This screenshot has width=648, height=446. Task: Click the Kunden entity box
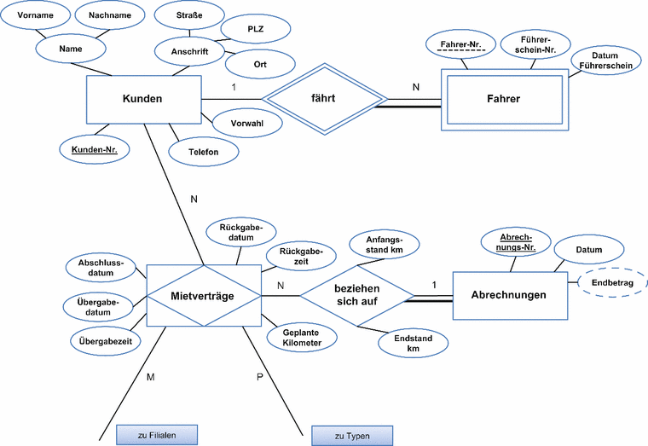(x=143, y=100)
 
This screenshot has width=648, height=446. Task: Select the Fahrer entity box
(x=504, y=100)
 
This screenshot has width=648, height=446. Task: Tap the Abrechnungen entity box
(x=508, y=295)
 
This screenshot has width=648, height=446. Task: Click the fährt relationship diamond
(x=323, y=99)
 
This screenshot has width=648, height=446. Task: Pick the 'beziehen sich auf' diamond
(x=357, y=295)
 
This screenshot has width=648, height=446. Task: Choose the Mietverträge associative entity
(x=203, y=295)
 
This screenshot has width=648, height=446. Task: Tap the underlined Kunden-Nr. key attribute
(x=94, y=149)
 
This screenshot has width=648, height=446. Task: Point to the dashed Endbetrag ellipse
(x=612, y=281)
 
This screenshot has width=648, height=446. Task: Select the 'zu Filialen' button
(x=157, y=435)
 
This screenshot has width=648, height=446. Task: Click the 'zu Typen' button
(x=352, y=436)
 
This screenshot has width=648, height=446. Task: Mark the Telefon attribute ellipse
(x=204, y=152)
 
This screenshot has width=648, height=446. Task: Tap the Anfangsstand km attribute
(x=384, y=245)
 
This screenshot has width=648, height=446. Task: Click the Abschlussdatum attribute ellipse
(x=101, y=268)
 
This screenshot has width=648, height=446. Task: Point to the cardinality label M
(x=150, y=376)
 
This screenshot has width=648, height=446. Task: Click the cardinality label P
(x=261, y=376)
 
